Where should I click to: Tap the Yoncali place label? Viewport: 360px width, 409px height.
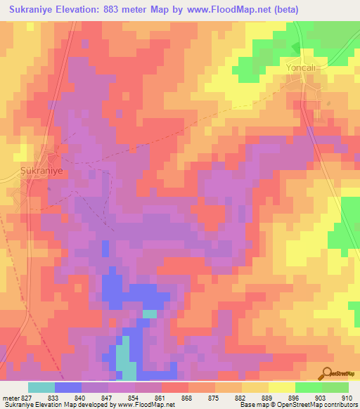[x=302, y=68]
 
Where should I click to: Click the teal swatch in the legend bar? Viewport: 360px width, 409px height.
[x=41, y=387]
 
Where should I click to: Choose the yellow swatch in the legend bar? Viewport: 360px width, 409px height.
[x=281, y=387]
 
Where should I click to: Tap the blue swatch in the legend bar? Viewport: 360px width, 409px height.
[x=67, y=387]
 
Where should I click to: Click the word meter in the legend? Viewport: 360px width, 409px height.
[x=9, y=397]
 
